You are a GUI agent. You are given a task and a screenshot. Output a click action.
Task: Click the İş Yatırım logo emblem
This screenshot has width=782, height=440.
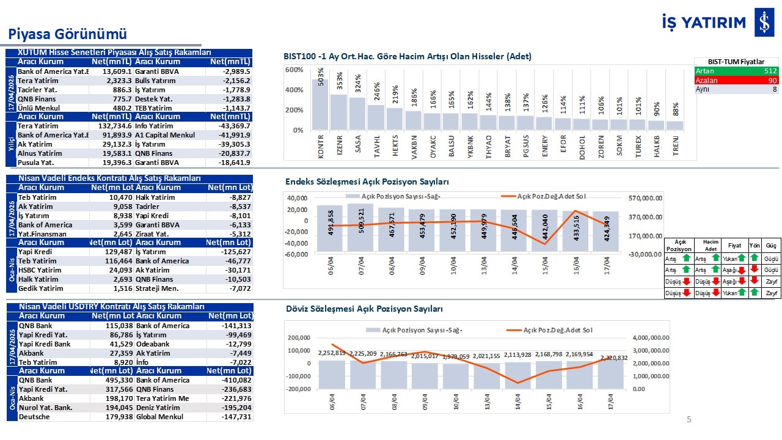coord(763,23)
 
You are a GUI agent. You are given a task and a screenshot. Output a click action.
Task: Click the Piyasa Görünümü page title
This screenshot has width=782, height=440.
coord(67,34)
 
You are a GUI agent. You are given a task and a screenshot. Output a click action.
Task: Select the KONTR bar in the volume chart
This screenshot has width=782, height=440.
coord(320,105)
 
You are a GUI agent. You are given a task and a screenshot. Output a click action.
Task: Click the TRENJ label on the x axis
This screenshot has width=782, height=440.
coord(675,147)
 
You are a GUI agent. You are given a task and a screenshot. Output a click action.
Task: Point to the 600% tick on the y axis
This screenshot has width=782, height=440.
coord(294,70)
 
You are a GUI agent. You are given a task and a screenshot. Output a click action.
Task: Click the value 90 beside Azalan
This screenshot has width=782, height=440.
coord(772,80)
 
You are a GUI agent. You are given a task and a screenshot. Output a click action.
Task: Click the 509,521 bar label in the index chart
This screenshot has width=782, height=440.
coord(360,223)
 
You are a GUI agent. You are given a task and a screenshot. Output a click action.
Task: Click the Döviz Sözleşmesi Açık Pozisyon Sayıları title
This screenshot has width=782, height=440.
coord(364,309)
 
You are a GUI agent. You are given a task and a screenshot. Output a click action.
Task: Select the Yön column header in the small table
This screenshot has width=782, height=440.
coord(755,245)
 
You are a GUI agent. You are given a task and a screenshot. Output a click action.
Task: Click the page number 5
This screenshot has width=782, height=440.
coord(689,419)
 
